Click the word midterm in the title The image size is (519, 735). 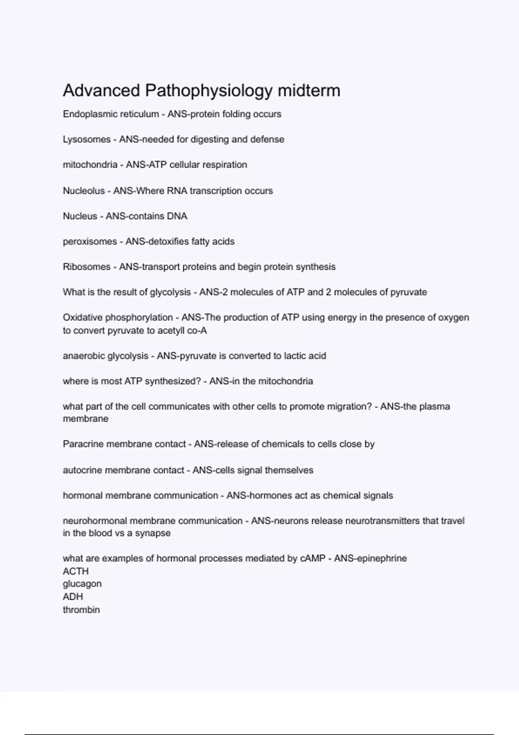(309, 91)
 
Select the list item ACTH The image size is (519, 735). (76, 571)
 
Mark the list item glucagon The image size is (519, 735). (82, 584)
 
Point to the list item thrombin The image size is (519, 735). (81, 610)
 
